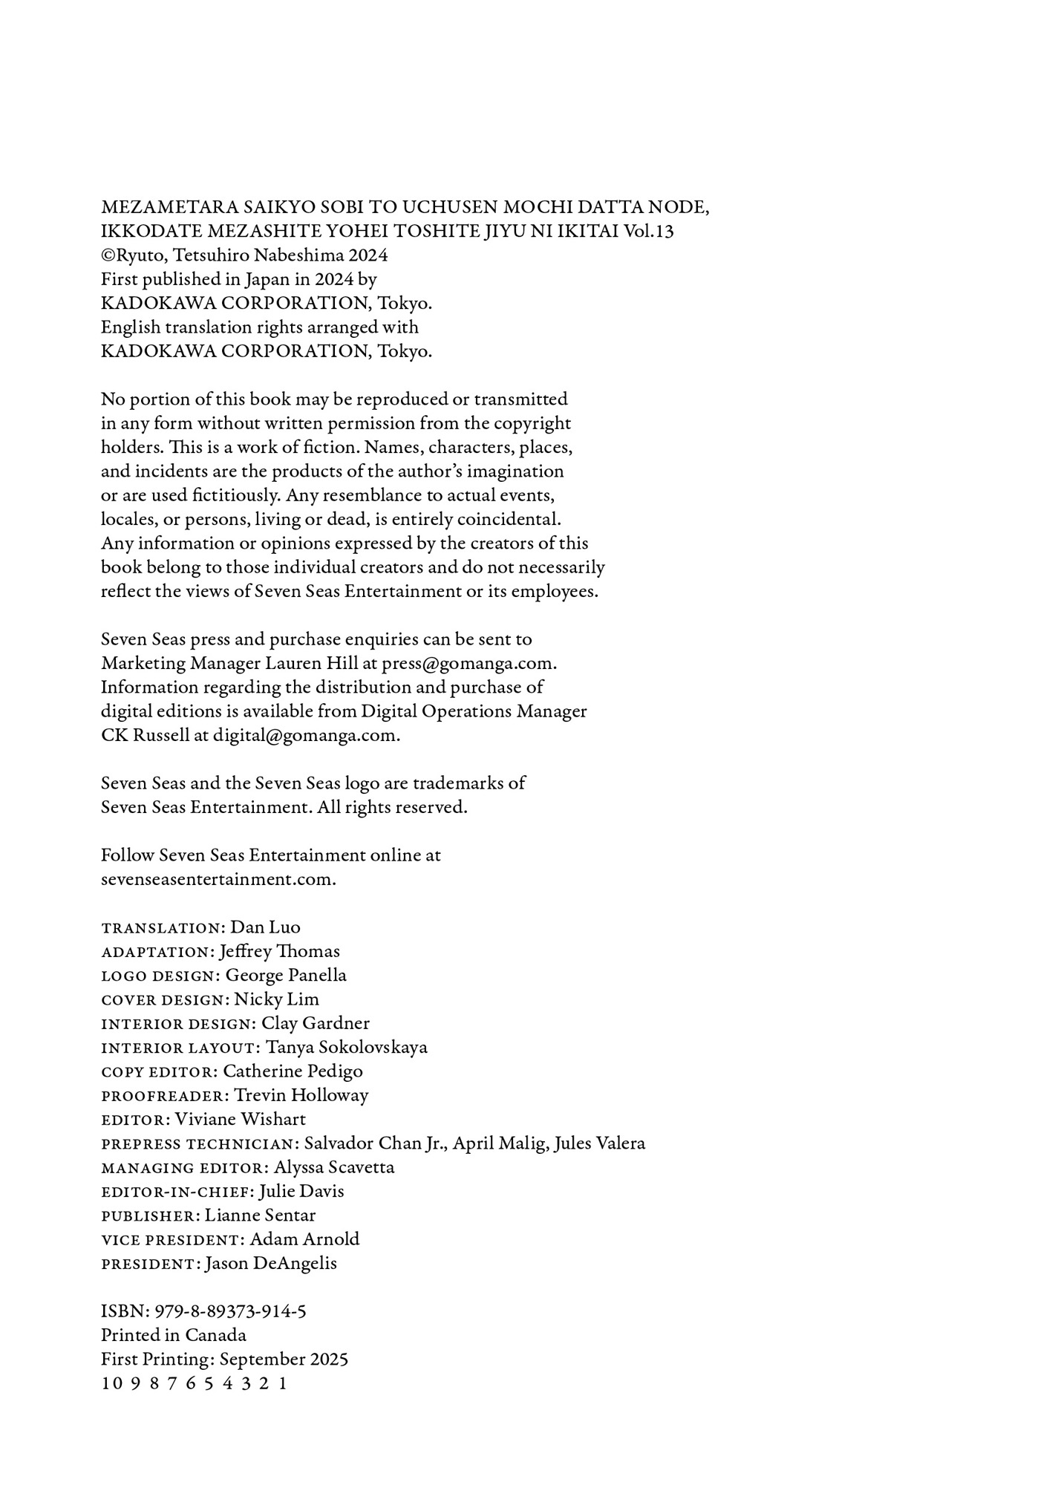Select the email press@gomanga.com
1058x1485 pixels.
468,663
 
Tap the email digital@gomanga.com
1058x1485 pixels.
306,735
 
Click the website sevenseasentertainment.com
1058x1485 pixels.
218,879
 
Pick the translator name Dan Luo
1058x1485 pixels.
265,927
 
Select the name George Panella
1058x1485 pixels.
286,975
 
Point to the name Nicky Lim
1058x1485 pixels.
276,999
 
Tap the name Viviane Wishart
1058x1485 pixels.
240,1119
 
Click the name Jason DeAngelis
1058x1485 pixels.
270,1264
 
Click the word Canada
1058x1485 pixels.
215,1335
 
